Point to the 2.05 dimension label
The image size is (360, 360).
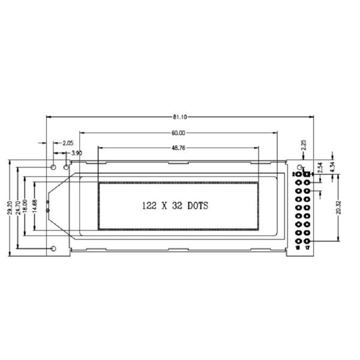coord(68,143)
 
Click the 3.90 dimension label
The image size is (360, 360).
coord(77,154)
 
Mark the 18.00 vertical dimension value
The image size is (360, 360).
coord(26,206)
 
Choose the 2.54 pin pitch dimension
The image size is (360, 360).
coord(320,167)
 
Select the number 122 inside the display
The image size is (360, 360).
coord(148,205)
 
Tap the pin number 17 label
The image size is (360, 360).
coord(307,247)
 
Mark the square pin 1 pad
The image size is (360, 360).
coord(307,174)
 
